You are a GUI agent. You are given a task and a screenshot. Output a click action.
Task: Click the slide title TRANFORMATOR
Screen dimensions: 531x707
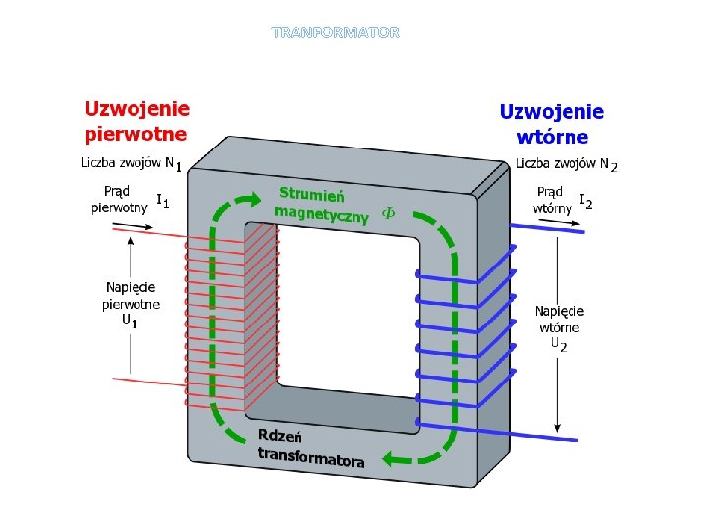336,32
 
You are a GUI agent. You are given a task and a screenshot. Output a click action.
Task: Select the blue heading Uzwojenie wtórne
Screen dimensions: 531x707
552,124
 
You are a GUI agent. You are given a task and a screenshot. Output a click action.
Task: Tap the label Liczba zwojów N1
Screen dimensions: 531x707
130,163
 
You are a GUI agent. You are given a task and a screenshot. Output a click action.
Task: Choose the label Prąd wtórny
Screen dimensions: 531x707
550,200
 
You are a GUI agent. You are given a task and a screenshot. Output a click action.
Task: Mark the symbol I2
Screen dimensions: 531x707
585,202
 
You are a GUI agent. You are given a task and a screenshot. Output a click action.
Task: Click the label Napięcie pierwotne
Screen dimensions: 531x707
131,295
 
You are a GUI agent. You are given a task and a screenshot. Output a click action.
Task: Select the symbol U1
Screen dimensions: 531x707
129,321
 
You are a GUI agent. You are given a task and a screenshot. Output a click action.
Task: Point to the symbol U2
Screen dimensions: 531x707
558,344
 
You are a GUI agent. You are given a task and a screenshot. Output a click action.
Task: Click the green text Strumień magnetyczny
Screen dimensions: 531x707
320,203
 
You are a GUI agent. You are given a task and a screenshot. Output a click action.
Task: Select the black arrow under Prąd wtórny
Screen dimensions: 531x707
558,225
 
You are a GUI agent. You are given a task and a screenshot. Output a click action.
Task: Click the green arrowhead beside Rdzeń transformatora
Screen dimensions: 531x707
393,457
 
